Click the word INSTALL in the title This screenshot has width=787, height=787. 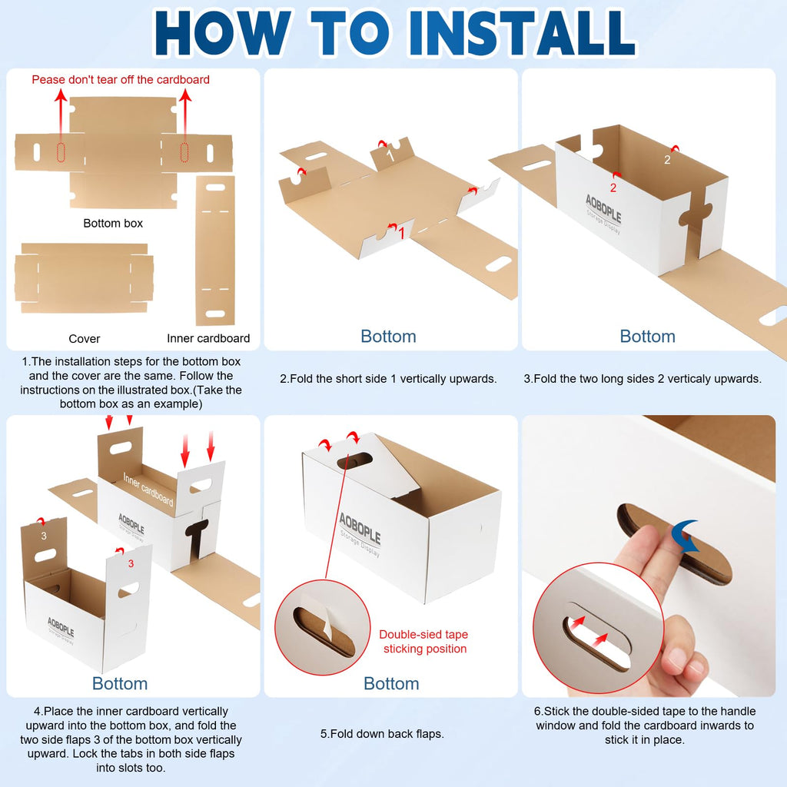[x=522, y=32]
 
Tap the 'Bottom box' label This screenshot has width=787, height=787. [x=113, y=224]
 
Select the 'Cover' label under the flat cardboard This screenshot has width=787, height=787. [x=85, y=339]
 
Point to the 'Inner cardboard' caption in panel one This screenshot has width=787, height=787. [x=208, y=338]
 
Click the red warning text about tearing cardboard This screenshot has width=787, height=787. [x=121, y=80]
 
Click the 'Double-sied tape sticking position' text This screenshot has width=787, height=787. [x=424, y=642]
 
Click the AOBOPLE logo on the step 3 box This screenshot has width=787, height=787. [x=603, y=209]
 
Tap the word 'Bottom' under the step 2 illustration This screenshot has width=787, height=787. [x=388, y=337]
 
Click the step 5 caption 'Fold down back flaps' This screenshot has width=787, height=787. [x=383, y=734]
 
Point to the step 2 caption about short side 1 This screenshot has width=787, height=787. [x=388, y=379]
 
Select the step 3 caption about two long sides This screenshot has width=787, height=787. [x=643, y=379]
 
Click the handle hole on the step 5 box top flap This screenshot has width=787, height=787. [x=354, y=461]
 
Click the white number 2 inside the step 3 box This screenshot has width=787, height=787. [x=667, y=160]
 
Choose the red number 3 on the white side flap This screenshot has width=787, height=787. [x=131, y=563]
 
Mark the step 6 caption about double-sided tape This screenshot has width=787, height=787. [x=645, y=726]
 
